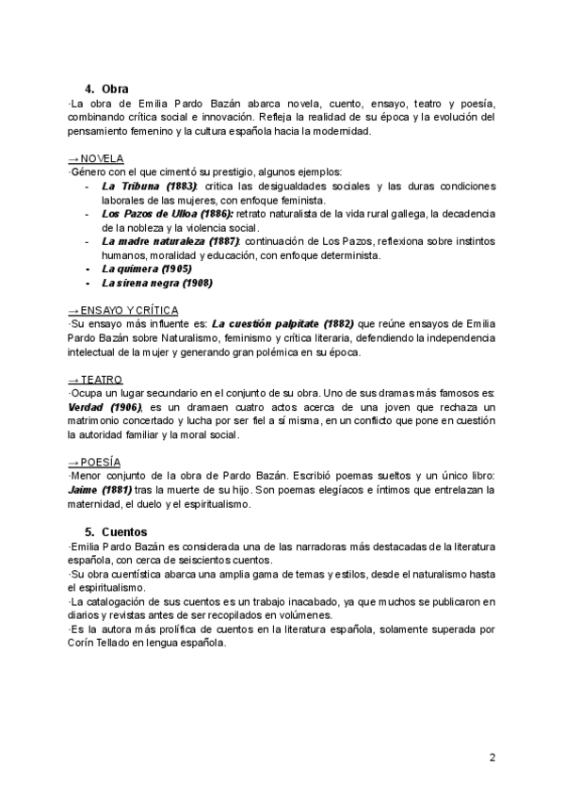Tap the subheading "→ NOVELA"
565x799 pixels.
point(96,157)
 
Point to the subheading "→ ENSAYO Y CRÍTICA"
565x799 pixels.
point(122,310)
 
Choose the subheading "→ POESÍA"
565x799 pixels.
point(95,462)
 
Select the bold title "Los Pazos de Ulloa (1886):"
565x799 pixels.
point(168,214)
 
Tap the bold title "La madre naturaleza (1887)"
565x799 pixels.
point(170,241)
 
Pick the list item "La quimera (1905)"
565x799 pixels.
point(146,269)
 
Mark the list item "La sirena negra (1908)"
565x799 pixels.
point(156,283)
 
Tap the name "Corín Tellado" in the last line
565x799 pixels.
point(98,643)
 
